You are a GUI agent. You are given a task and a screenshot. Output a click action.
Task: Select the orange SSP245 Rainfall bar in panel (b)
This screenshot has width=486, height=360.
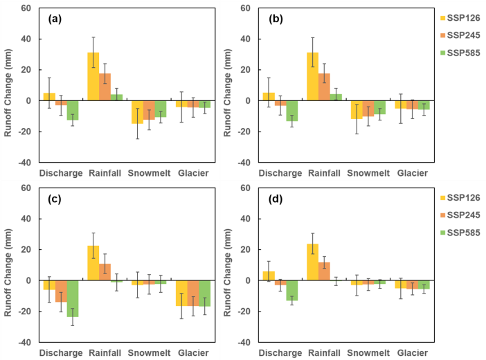click(325, 87)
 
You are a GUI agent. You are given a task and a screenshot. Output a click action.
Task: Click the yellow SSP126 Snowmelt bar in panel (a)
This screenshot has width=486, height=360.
click(137, 111)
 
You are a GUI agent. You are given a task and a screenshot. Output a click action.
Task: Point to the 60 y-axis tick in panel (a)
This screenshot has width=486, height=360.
click(26, 8)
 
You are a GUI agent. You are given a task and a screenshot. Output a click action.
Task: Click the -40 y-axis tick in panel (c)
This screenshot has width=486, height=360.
click(24, 342)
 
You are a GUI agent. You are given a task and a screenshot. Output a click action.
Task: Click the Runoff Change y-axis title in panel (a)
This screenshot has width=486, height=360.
click(8, 85)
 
